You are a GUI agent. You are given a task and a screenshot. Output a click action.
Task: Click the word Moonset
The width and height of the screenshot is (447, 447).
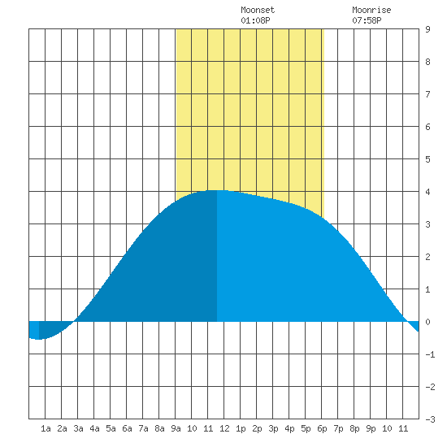coord(258,10)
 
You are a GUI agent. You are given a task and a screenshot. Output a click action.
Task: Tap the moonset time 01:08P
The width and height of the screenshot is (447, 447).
coord(255,20)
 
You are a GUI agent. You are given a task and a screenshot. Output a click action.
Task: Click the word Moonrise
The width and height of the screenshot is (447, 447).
coord(371,10)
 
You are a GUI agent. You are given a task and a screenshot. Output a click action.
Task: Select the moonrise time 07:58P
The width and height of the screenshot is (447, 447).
coord(367,20)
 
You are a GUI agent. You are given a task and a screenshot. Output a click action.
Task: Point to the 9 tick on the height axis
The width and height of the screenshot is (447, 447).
coord(427,29)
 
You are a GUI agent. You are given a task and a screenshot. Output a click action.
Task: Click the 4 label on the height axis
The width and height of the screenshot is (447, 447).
coord(427,192)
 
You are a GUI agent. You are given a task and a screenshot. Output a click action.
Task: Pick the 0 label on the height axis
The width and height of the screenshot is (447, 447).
coord(427,322)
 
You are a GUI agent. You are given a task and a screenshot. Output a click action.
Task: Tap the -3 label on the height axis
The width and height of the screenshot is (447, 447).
coord(431,419)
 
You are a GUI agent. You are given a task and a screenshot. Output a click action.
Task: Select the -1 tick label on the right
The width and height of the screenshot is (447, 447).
coord(431,354)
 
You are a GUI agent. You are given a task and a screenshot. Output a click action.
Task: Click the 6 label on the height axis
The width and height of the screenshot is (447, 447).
coord(427,127)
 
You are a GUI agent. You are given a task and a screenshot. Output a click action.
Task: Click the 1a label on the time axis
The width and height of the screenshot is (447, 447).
coord(46,428)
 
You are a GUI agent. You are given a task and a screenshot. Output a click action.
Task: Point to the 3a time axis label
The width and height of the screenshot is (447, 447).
coord(78,428)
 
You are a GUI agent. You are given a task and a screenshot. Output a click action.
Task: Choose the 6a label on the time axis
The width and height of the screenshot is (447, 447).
coord(127,428)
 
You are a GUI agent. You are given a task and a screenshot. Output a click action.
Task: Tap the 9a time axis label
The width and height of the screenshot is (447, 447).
coord(176,428)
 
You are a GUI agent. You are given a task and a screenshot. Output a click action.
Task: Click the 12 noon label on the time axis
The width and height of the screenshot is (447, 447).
coord(224,428)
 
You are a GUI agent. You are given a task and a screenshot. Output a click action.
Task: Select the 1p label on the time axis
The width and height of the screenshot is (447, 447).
coord(241,428)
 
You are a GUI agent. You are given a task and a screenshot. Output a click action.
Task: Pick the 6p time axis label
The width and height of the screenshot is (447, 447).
coord(322,428)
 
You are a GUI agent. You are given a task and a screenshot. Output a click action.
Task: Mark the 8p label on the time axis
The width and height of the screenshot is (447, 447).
coord(354,428)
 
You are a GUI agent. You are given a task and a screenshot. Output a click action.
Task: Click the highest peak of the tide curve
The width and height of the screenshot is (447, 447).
coord(217,190)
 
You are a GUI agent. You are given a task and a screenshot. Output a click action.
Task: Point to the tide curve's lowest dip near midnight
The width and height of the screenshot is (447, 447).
coord(38,339)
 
